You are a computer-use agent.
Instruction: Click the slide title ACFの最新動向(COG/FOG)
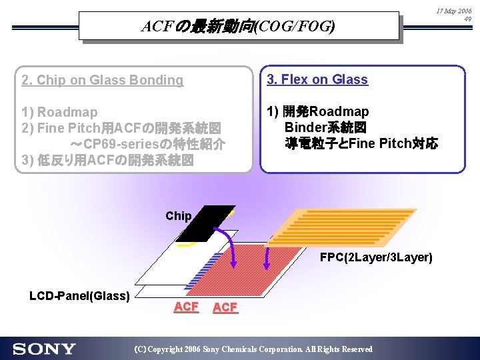(238, 27)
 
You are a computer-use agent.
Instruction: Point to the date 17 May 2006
(453, 12)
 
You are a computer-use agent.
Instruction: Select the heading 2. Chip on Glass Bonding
(102, 80)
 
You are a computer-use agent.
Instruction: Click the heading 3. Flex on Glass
(317, 79)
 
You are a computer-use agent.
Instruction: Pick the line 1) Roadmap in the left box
(59, 112)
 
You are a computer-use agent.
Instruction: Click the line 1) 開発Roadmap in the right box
(317, 111)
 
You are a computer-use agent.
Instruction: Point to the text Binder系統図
(327, 127)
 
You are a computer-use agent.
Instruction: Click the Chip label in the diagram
(178, 216)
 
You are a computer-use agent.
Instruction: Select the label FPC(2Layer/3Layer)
(376, 257)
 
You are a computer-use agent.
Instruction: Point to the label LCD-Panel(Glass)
(79, 295)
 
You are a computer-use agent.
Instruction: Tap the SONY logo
(44, 349)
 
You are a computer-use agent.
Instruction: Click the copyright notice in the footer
(253, 349)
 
